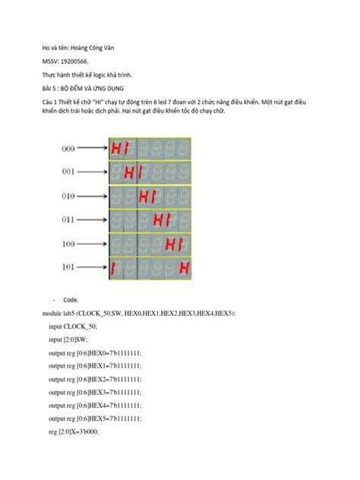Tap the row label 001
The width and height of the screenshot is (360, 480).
coord(68,172)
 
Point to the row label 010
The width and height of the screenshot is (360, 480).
coord(68,195)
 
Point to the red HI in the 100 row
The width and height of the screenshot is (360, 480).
coord(176,244)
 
